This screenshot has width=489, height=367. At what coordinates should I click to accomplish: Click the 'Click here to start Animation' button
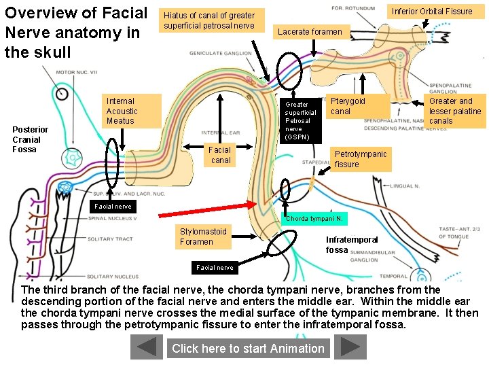tap(248, 348)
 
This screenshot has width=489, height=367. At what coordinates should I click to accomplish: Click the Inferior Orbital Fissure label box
tap(432, 12)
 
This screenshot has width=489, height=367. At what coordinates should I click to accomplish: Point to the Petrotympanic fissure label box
tap(362, 159)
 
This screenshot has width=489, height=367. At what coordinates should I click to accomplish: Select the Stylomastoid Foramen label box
tap(203, 237)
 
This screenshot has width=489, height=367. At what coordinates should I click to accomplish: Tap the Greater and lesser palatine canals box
tap(454, 111)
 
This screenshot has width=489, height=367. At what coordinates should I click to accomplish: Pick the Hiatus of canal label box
tap(209, 20)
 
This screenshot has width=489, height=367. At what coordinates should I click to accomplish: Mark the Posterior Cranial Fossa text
tap(31, 139)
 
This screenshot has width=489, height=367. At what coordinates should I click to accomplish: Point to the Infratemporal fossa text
tap(352, 245)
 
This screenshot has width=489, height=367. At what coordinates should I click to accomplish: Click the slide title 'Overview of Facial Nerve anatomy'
tap(75, 32)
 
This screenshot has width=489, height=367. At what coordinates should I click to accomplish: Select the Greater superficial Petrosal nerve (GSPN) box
tap(300, 121)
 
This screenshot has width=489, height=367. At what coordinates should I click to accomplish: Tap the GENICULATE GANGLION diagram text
tap(220, 54)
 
